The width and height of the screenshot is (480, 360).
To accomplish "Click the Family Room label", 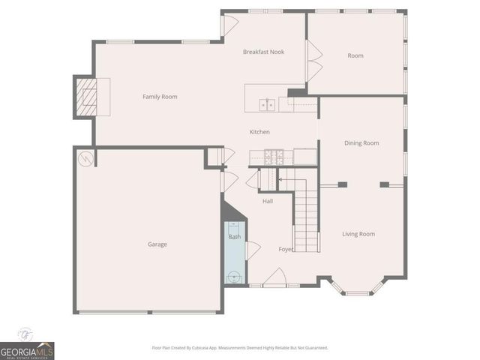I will [160, 97].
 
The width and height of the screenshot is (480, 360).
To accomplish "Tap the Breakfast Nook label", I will [263, 52].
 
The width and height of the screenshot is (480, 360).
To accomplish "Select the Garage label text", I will [157, 244].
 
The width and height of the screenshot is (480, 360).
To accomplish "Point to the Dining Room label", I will [361, 143].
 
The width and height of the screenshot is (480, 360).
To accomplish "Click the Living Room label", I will [358, 234].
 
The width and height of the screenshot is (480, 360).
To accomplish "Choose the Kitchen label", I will [259, 132].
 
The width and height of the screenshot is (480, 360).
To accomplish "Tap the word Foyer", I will [286, 249].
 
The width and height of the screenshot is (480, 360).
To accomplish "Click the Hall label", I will [268, 201].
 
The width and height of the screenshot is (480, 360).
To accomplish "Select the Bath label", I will [235, 237].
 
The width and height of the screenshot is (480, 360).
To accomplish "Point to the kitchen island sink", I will [265, 103].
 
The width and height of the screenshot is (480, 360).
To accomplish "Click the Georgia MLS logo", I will [27, 350].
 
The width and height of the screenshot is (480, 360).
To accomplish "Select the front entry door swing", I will [274, 277].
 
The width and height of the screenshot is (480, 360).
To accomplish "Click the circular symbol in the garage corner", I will [86, 159].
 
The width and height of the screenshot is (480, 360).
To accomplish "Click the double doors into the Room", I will [314, 61].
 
